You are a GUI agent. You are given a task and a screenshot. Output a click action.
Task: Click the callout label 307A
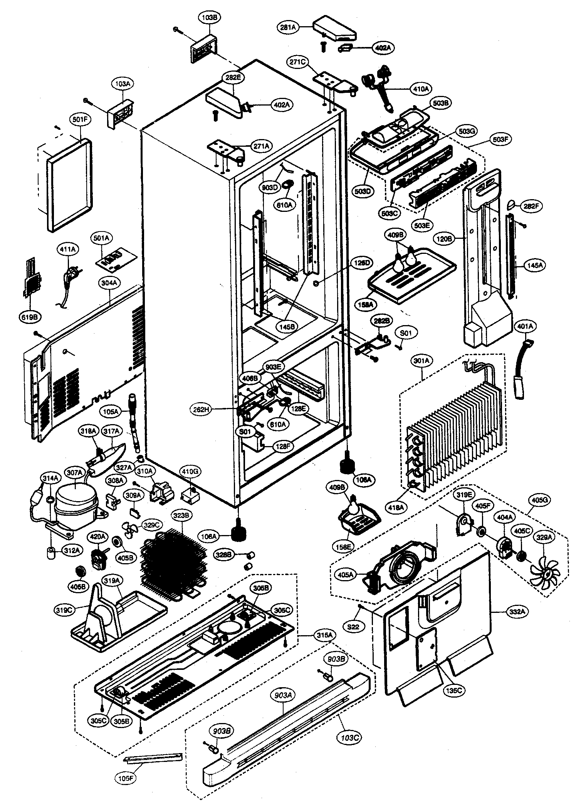[x=75, y=473]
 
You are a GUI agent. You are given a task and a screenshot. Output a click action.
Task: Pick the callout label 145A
[x=535, y=265]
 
